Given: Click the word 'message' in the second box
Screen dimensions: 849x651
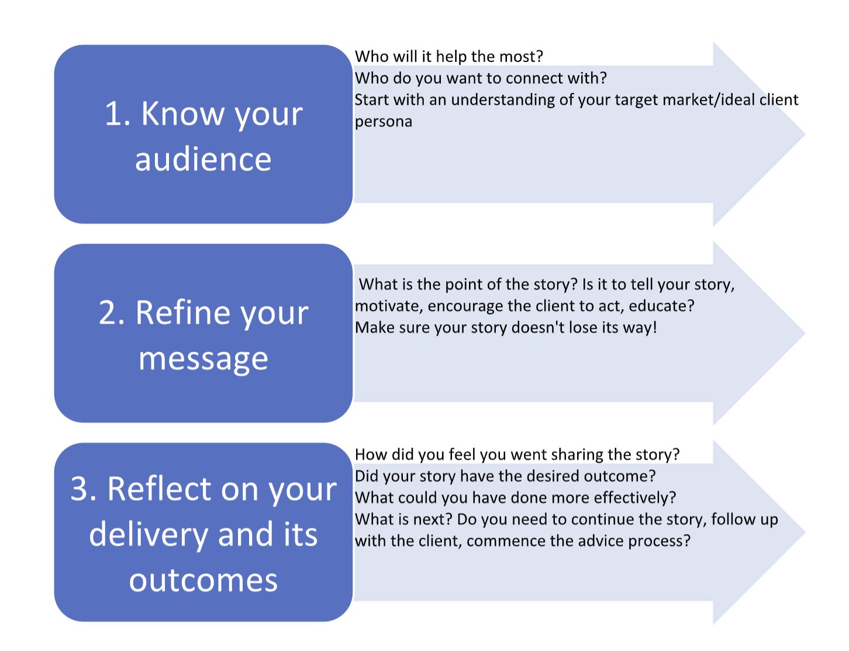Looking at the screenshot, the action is [x=203, y=359].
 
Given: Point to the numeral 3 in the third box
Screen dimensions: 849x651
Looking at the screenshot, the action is [x=80, y=489].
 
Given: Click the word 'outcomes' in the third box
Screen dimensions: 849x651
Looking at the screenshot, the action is [x=203, y=581].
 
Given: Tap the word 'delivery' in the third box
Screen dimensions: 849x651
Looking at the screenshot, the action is [x=149, y=535].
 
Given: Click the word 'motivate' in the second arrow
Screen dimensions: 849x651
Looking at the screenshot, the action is [x=389, y=306].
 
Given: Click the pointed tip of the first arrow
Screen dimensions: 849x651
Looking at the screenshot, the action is [x=805, y=134].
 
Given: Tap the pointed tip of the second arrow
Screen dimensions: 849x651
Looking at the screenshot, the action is [x=805, y=333].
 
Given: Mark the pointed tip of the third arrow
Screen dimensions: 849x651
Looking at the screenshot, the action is [x=805, y=532].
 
